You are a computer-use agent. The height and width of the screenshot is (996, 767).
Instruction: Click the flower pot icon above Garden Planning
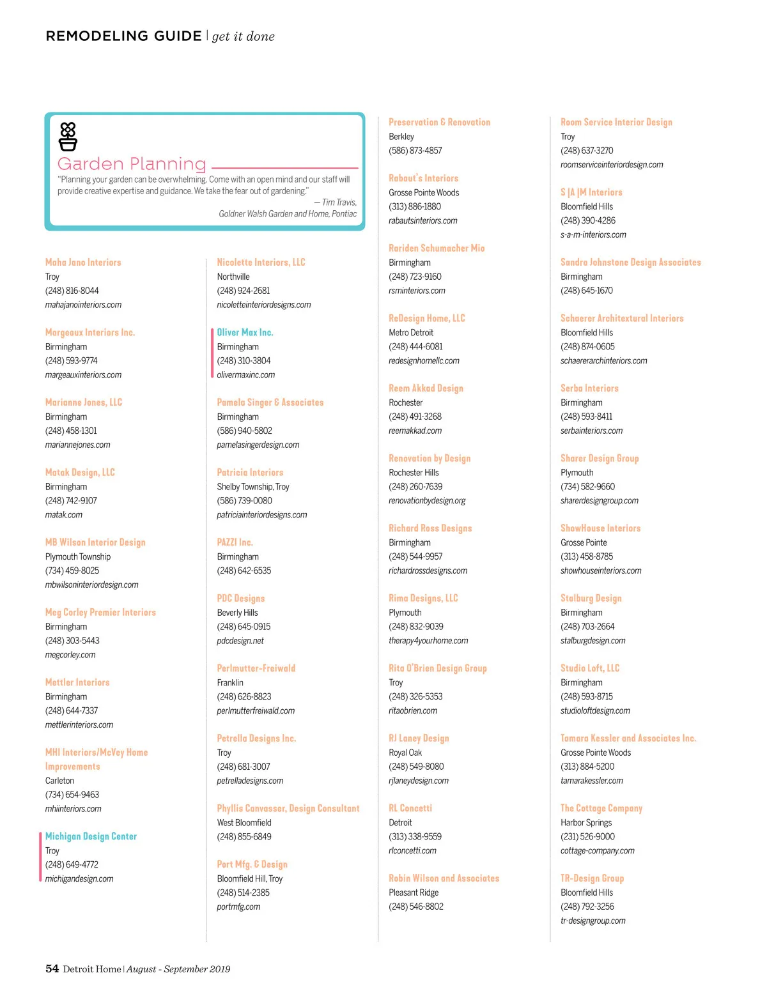click(x=68, y=136)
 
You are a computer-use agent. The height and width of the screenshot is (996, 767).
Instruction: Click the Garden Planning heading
click(x=132, y=164)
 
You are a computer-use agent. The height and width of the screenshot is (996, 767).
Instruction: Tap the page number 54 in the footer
click(x=52, y=969)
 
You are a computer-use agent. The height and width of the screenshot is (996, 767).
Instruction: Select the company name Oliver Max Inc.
click(x=245, y=332)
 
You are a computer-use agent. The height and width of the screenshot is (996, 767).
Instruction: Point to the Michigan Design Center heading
click(x=91, y=836)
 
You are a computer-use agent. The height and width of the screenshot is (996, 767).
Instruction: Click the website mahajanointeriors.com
click(x=83, y=305)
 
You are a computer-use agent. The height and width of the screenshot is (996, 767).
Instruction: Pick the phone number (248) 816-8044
click(x=72, y=291)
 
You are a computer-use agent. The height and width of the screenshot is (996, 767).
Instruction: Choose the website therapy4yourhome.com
click(x=428, y=641)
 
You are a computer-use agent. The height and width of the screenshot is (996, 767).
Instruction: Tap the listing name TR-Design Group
click(x=592, y=878)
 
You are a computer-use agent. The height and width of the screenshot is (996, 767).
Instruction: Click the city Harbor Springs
click(x=586, y=823)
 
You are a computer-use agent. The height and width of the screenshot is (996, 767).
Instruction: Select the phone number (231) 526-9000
click(x=587, y=837)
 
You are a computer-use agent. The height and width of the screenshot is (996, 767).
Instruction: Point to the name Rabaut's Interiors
click(x=423, y=178)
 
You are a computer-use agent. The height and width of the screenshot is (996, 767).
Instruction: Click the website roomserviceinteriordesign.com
click(x=612, y=165)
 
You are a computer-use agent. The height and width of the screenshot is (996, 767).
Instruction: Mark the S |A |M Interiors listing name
click(x=591, y=192)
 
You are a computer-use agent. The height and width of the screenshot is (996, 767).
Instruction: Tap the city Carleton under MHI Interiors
click(x=59, y=781)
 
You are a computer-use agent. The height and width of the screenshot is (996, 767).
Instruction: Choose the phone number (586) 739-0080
click(x=244, y=501)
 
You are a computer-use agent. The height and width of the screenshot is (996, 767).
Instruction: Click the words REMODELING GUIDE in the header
click(x=123, y=36)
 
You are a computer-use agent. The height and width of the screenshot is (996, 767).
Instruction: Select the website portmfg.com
click(x=238, y=907)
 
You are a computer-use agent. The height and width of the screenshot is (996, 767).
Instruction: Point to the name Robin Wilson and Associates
click(x=444, y=878)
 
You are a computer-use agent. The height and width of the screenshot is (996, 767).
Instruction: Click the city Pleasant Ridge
click(x=414, y=893)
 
